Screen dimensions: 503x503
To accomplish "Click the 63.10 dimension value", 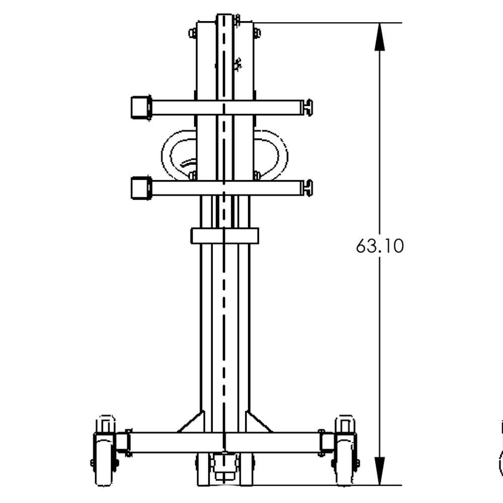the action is click(379, 246).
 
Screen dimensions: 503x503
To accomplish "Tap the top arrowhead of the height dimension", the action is click(379, 37).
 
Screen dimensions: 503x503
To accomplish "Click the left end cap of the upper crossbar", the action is click(141, 107).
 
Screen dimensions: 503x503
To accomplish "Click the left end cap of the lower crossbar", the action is click(141, 188).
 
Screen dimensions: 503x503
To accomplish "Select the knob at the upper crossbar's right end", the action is click(307, 108).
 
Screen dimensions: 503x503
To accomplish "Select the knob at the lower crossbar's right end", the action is click(307, 188).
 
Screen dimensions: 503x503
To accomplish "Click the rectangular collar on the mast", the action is click(224, 236).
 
